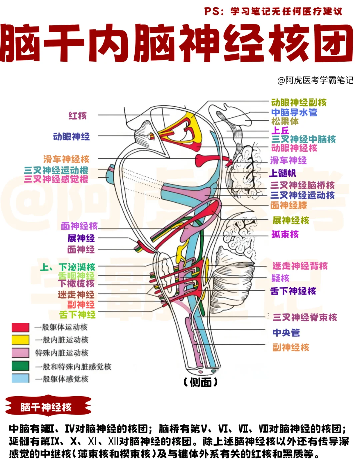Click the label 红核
78,116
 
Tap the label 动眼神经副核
299,102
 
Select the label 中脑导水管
294,112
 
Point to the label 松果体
285,121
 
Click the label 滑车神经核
66,159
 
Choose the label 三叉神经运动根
56,170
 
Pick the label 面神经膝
289,205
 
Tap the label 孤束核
285,234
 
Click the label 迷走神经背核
300,266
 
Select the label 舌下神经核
293,291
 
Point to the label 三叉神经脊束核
305,317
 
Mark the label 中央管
286,333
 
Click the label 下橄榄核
76,284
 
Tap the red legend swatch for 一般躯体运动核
20,327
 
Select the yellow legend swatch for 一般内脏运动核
20,340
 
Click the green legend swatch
20,366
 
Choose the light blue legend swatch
20,378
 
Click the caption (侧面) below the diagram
200,383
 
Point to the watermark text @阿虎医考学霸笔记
315,80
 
